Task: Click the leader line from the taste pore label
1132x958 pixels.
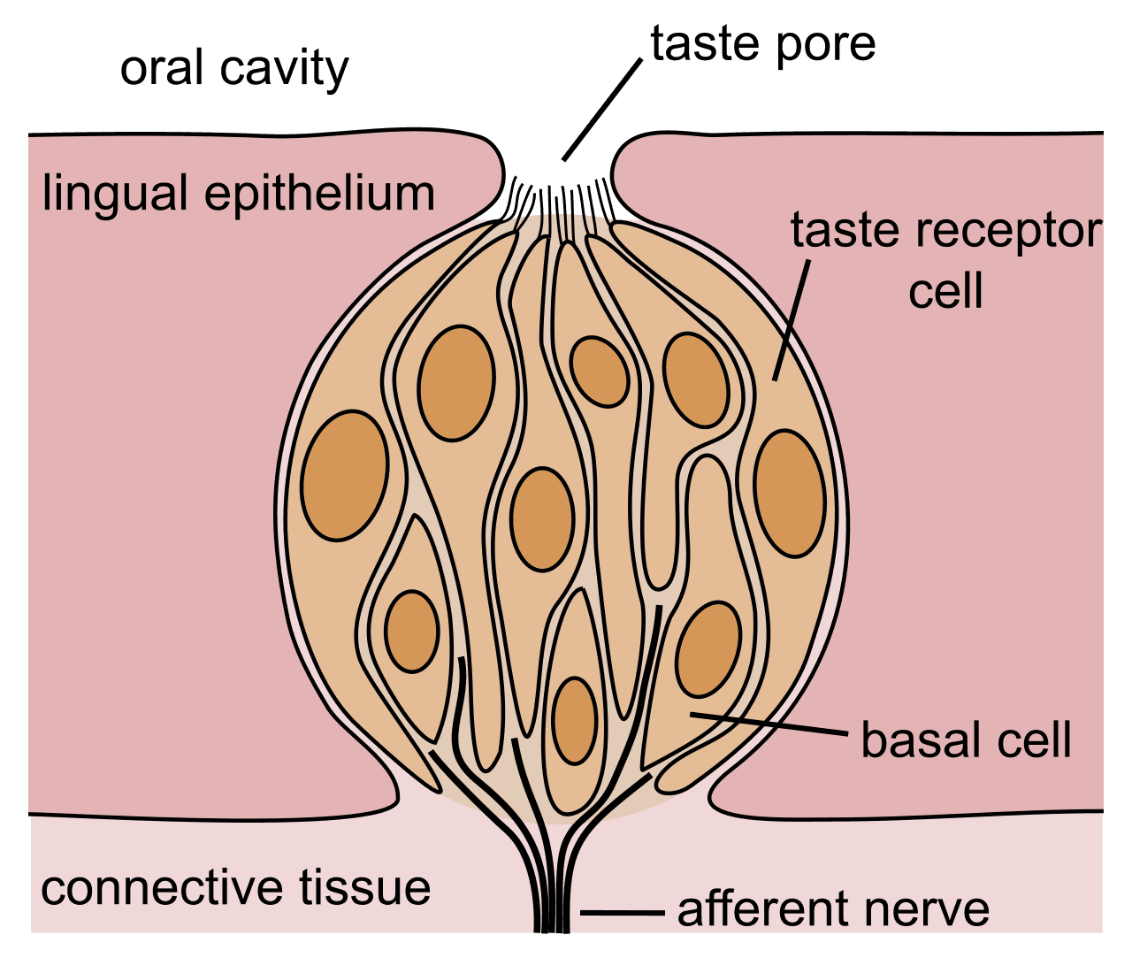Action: [x=601, y=111]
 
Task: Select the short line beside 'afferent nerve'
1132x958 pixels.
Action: [x=622, y=912]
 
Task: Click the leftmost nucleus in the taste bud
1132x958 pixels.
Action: [x=344, y=475]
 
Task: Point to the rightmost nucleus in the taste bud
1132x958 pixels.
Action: [x=790, y=493]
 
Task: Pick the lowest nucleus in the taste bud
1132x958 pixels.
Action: [x=575, y=720]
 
